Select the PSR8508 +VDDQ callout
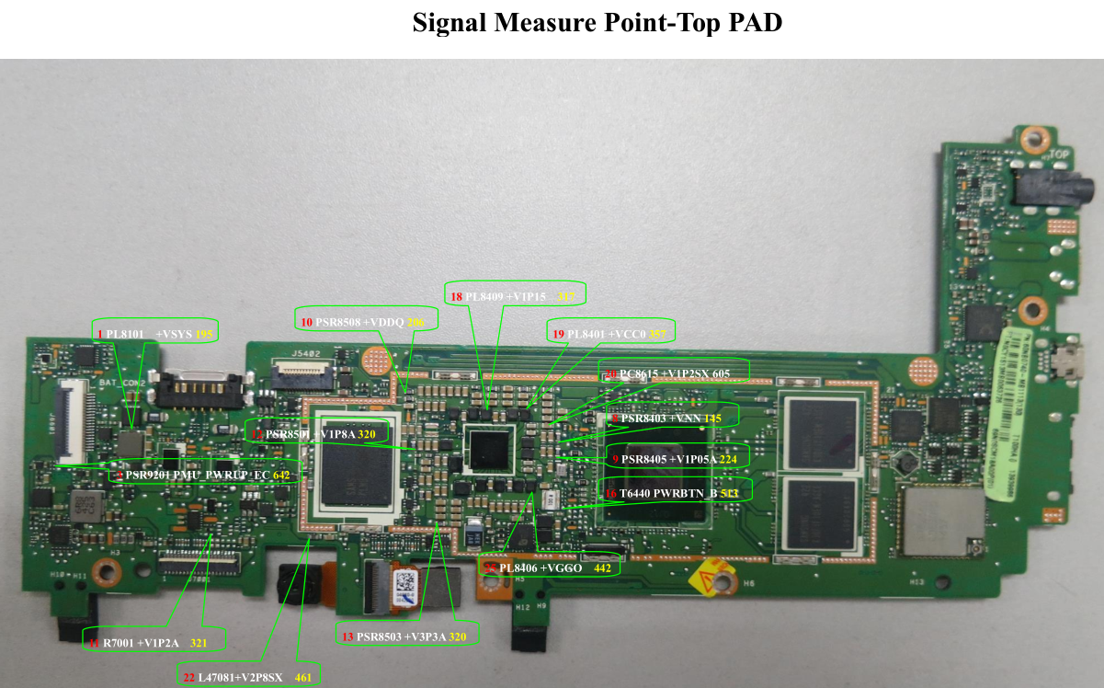(366, 319)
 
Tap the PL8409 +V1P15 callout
(516, 294)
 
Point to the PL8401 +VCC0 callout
(608, 332)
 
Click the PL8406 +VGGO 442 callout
(550, 568)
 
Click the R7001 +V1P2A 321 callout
(149, 642)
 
